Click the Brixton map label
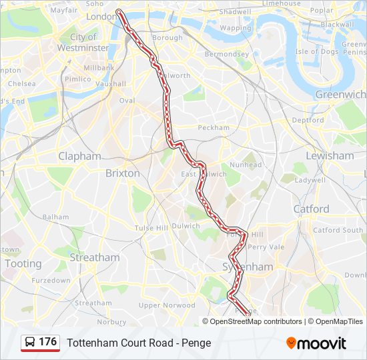point(123,173)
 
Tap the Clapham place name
point(79,156)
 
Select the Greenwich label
point(340,95)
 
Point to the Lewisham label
point(330,155)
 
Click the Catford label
point(311,209)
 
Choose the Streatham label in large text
point(95,257)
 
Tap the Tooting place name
point(23,263)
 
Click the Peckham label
point(214,127)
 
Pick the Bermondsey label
point(226,54)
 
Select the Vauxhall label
point(110,84)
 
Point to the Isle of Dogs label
point(317,51)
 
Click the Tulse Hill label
point(151,228)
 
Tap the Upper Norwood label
point(167,305)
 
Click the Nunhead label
point(246,165)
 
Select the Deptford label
point(308,120)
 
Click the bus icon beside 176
point(30,343)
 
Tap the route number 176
point(48,342)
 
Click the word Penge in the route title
point(196,343)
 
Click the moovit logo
point(316,343)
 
